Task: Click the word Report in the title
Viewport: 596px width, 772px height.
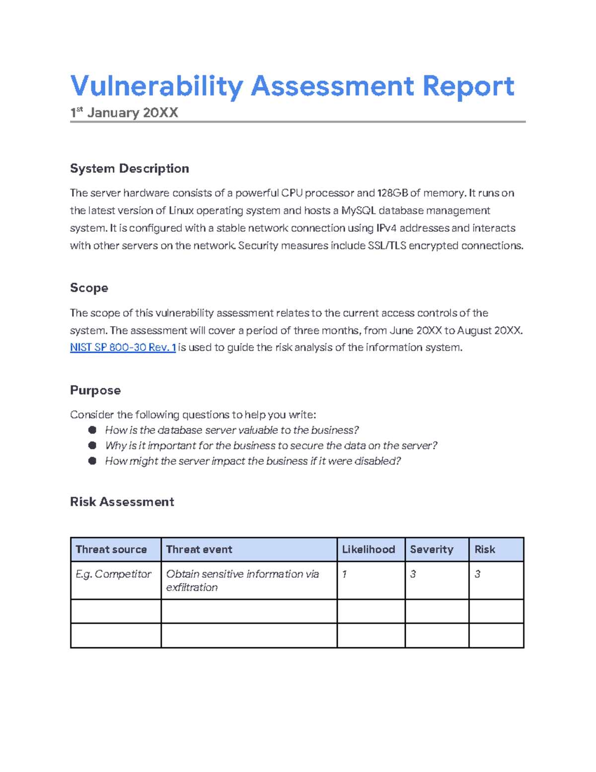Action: (468, 86)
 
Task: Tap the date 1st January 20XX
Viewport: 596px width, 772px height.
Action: (124, 113)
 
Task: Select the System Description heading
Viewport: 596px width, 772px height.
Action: (129, 169)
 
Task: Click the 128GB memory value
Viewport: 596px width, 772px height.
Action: (392, 193)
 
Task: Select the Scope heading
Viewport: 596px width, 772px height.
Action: (89, 288)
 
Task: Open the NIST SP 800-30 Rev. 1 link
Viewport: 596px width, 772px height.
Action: (123, 347)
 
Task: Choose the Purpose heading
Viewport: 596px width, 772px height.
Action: (95, 390)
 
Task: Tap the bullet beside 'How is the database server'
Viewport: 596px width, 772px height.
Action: (92, 430)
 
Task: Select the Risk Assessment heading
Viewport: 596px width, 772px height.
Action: (122, 502)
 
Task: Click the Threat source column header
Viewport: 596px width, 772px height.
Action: (111, 549)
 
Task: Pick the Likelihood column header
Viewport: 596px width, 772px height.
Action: (369, 549)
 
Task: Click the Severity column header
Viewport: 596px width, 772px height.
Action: (432, 549)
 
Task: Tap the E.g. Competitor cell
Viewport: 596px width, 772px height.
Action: (113, 574)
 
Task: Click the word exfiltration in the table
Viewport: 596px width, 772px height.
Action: (192, 588)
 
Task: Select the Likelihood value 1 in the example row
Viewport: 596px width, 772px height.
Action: (344, 574)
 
